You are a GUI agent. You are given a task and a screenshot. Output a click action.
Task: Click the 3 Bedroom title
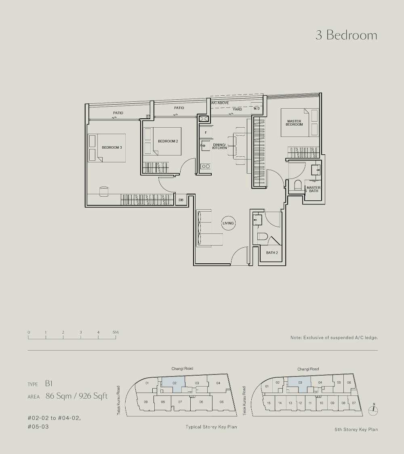tap(346, 35)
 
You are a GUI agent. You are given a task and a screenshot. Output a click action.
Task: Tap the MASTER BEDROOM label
tap(294, 123)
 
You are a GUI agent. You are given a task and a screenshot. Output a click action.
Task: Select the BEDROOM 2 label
tap(168, 141)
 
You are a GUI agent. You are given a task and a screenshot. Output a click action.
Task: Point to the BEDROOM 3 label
tap(112, 147)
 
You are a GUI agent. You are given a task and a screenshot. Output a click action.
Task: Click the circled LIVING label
tap(228, 223)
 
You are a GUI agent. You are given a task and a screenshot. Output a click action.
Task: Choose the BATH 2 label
tap(272, 253)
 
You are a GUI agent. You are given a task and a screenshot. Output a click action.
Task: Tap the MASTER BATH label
tap(314, 189)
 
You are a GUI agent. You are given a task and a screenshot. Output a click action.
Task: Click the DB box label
tap(181, 200)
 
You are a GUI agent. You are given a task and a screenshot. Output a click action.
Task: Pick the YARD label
tap(237, 109)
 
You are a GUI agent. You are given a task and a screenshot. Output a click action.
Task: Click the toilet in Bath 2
tap(263, 237)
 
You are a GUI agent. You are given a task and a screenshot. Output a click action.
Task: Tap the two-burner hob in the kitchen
tap(206, 166)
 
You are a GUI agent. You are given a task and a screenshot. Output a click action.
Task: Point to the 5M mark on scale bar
tap(116, 332)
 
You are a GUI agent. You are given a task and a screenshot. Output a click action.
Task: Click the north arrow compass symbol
tap(374, 409)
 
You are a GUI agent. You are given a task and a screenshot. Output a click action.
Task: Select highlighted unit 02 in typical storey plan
tap(173, 385)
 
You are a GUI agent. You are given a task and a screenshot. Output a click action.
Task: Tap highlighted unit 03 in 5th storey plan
tap(299, 385)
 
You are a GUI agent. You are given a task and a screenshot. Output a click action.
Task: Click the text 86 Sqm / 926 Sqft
tap(76, 396)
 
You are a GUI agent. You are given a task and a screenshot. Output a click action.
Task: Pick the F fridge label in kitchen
tap(206, 132)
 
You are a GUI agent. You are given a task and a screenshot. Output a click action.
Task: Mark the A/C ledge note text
tap(334, 338)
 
